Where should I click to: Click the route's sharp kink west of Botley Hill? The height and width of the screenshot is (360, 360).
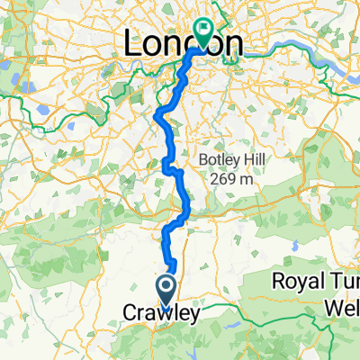point(167,165)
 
